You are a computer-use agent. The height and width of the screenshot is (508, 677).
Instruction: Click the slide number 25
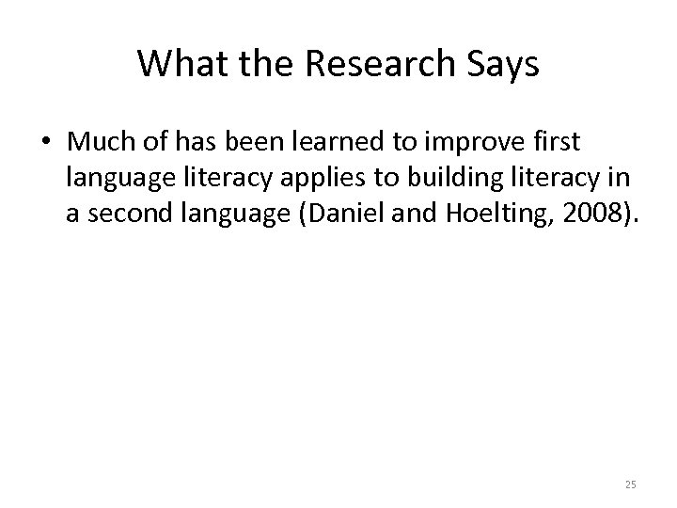click(x=630, y=484)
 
